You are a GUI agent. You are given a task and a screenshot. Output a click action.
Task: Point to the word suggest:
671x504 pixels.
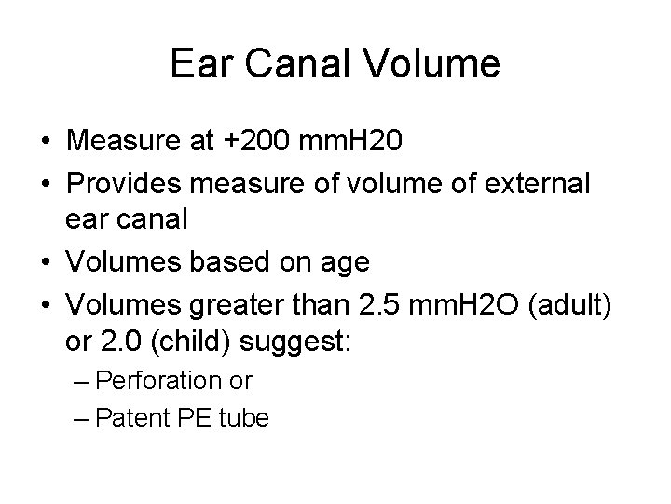point(294,343)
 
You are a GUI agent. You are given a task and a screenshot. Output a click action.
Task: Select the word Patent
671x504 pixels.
point(127,418)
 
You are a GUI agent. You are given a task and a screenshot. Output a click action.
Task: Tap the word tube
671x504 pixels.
point(244,418)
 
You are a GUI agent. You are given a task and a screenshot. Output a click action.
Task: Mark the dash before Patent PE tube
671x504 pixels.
point(81,418)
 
